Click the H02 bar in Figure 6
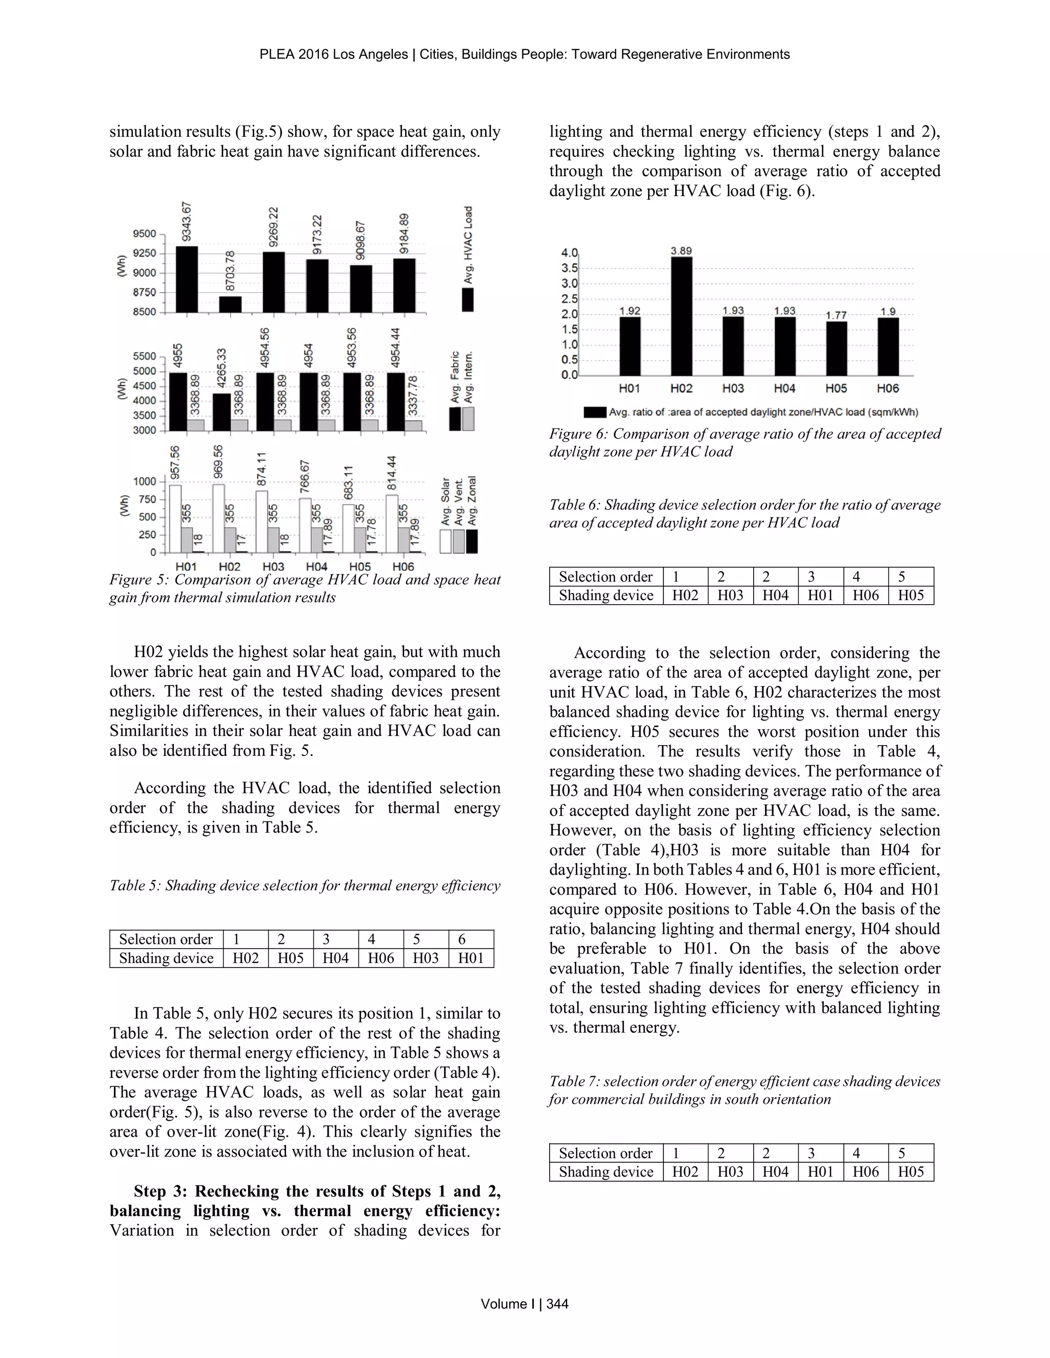tap(681, 316)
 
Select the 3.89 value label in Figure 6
tap(681, 251)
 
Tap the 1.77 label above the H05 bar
tap(836, 315)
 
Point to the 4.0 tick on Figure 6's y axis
tap(569, 253)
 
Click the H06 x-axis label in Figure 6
tap(887, 388)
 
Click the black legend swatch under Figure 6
tap(595, 412)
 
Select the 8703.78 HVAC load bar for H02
tap(230, 304)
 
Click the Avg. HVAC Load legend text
tap(469, 245)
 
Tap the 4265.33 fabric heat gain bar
tap(223, 411)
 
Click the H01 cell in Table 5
tap(471, 958)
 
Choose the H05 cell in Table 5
tap(291, 958)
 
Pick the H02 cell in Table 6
tap(685, 595)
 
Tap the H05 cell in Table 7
tap(911, 1171)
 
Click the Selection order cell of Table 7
tap(605, 1153)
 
